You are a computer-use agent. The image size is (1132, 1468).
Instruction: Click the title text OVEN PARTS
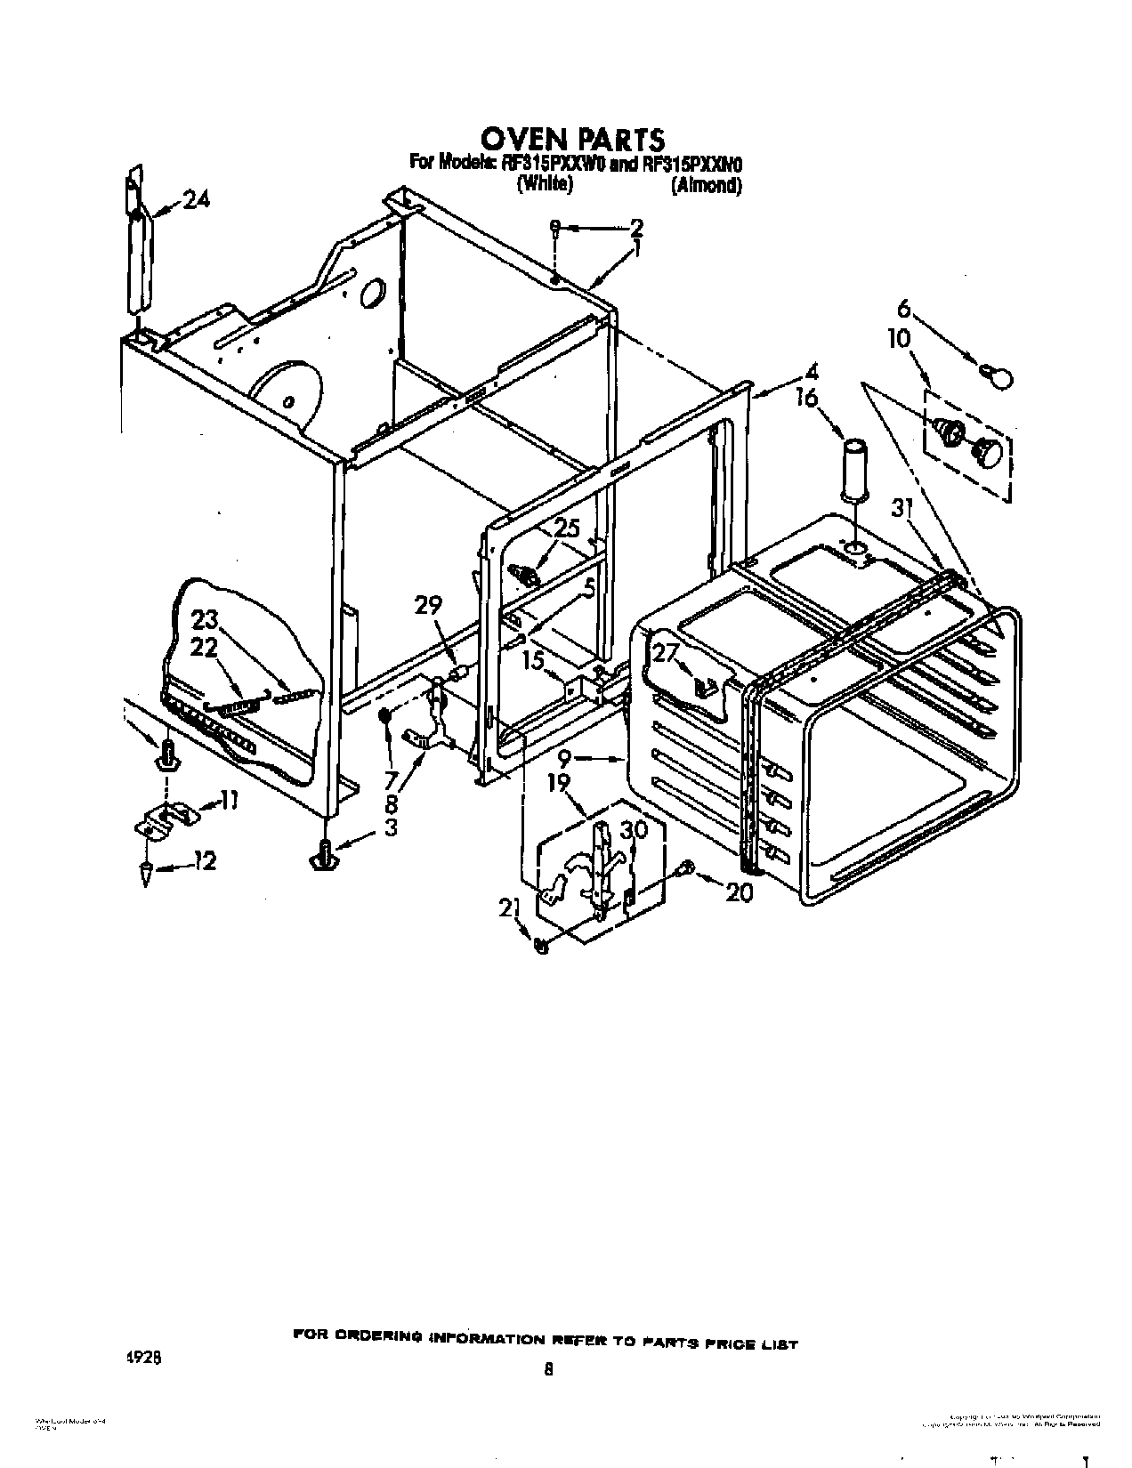pyautogui.click(x=572, y=140)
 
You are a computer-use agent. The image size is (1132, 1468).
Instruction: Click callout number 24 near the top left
pyautogui.click(x=196, y=201)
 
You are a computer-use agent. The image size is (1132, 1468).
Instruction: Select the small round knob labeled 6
pyautogui.click(x=999, y=378)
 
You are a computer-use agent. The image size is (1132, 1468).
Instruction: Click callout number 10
pyautogui.click(x=899, y=338)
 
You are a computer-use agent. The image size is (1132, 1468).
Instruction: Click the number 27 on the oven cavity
pyautogui.click(x=666, y=652)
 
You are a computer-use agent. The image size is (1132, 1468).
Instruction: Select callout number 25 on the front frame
pyautogui.click(x=566, y=528)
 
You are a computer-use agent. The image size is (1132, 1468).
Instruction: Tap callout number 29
pyautogui.click(x=428, y=605)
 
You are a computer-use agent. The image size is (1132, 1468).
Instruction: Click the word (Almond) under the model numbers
pyautogui.click(x=706, y=186)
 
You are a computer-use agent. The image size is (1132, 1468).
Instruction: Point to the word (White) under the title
pyautogui.click(x=544, y=185)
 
